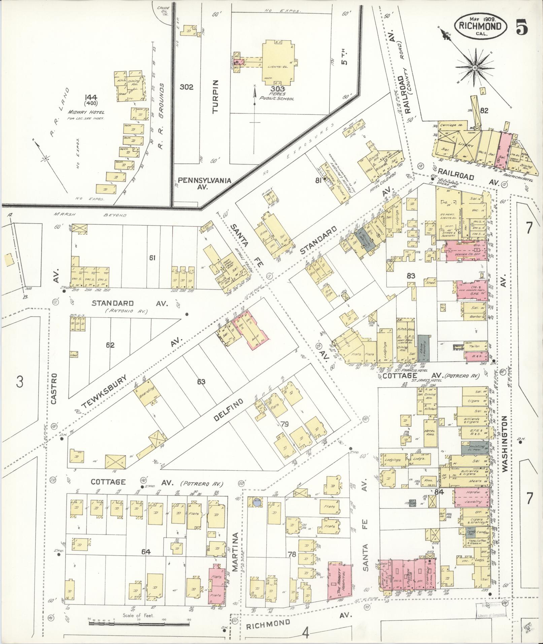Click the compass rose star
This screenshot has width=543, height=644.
pos(475,68)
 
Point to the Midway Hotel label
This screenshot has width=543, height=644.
pos(86,112)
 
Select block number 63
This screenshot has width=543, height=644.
pos(201,382)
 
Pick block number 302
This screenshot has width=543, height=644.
pos(186,87)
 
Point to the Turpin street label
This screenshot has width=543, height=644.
pos(216,92)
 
